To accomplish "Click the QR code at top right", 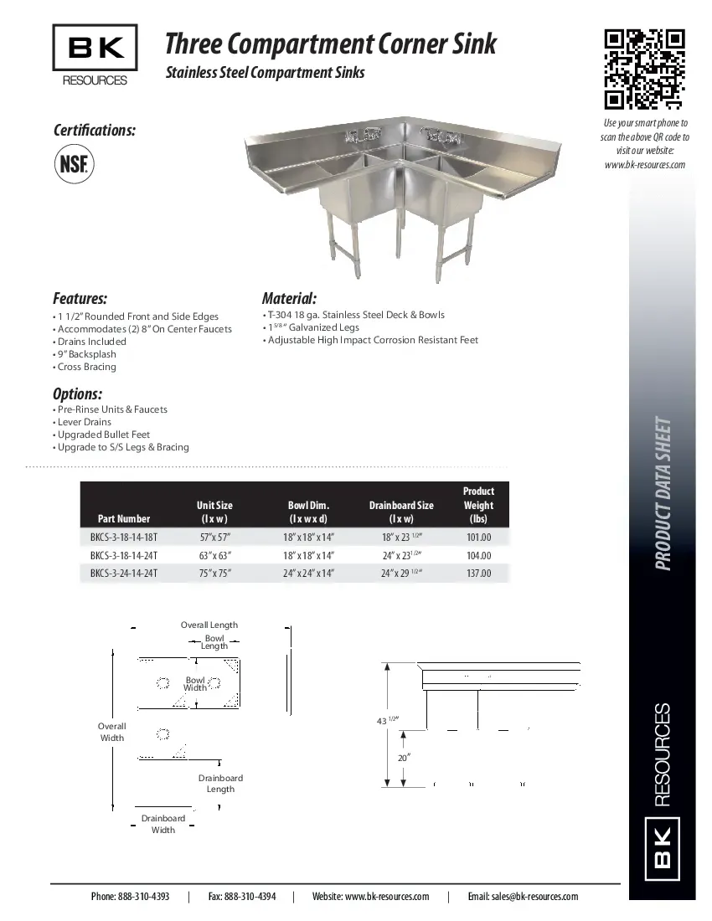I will coord(644,69).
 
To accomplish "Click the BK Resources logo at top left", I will coord(95,56).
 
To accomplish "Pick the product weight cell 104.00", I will coord(478,556).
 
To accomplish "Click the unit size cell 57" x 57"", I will coord(214,538).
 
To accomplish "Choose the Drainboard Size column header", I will coord(401,512).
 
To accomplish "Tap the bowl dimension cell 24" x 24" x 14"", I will coord(308,574).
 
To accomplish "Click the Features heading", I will coord(80,298).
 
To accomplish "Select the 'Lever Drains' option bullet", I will coord(85,422).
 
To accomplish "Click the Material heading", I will coord(289,298).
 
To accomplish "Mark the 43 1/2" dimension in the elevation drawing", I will coord(386,720).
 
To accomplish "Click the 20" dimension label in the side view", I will coord(404,757).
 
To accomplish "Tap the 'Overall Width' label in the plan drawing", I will coord(112,732).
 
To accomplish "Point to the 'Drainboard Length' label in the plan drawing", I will coord(220,783).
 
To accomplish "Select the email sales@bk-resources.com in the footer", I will coord(523,896).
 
